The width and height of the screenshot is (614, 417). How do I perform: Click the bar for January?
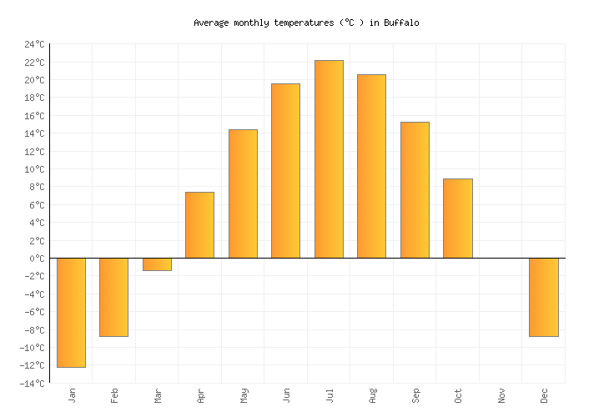(x=71, y=312)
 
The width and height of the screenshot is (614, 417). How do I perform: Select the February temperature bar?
(x=113, y=297)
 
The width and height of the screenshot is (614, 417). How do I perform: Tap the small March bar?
(x=157, y=264)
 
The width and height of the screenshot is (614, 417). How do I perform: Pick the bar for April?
(x=199, y=225)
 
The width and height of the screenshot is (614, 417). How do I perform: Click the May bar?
(x=243, y=193)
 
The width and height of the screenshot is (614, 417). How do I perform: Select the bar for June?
(x=285, y=171)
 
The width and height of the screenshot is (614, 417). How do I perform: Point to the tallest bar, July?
(x=329, y=159)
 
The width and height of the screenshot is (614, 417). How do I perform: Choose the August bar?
(x=371, y=166)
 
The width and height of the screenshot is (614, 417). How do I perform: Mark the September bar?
(x=415, y=190)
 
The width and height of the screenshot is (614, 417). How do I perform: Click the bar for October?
(x=457, y=219)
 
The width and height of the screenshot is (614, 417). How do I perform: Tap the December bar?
(x=544, y=297)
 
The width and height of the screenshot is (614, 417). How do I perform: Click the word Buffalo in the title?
(x=401, y=23)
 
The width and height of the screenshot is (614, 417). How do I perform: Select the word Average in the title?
(x=211, y=23)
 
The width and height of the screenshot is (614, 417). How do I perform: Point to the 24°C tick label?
(x=35, y=44)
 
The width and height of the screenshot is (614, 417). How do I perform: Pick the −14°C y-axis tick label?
(x=33, y=384)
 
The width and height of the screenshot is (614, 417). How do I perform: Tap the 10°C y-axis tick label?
(x=35, y=169)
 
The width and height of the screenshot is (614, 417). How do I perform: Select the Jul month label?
(x=329, y=394)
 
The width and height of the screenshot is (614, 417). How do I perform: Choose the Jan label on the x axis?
(x=71, y=394)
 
